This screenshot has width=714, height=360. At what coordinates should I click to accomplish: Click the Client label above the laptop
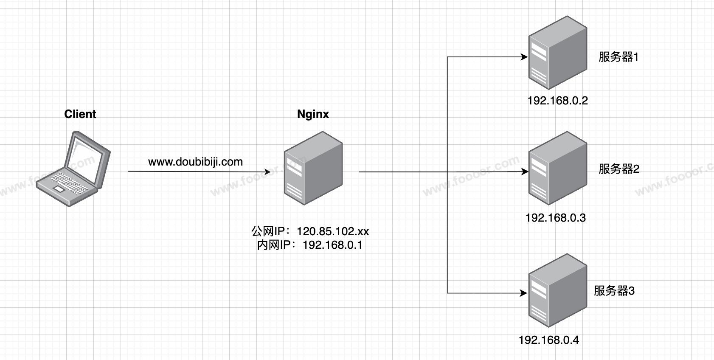point(80,114)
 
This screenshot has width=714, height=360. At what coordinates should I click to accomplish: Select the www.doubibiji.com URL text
point(195,162)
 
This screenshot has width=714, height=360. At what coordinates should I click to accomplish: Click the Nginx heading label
point(313,114)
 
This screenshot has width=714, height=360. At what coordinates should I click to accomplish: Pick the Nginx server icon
point(313,168)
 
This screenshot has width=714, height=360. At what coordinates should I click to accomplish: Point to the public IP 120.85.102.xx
point(332,231)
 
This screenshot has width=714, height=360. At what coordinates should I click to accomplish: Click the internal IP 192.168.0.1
point(332,245)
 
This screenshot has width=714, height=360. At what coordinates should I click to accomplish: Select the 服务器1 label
point(618,57)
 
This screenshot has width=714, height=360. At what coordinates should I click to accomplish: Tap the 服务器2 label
point(618,169)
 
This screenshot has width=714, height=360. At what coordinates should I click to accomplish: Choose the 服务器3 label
point(614,291)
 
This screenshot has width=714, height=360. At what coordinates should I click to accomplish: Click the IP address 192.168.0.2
point(557,101)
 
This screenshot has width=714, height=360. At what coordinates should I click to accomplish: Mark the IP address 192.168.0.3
point(555,218)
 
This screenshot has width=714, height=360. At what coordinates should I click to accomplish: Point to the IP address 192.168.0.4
point(548,340)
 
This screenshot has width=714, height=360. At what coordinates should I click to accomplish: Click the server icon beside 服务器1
point(557,53)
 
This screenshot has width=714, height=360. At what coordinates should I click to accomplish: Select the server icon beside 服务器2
point(557,168)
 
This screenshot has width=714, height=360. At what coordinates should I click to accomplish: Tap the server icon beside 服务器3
point(557,290)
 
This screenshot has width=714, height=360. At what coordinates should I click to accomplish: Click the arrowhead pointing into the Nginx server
point(267,172)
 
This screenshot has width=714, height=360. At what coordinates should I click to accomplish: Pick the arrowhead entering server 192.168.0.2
point(524,57)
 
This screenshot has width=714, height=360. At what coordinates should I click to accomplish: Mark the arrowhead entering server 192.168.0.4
point(524,293)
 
